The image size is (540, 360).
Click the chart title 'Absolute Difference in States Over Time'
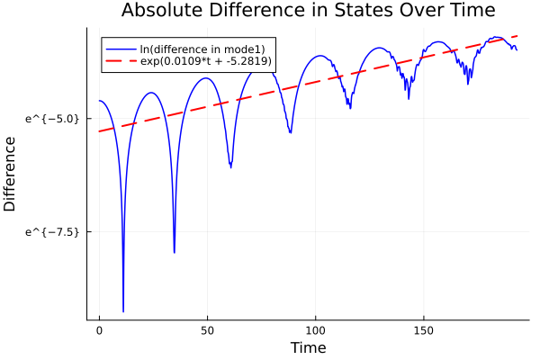(x=308, y=11)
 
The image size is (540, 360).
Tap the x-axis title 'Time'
(x=308, y=347)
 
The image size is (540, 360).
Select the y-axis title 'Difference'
(x=11, y=174)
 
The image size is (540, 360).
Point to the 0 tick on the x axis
(x=100, y=330)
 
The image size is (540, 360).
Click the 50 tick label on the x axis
(x=207, y=330)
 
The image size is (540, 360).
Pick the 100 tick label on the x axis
(x=315, y=330)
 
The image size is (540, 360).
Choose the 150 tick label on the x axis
(x=422, y=330)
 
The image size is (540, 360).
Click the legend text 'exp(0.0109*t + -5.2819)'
(x=206, y=61)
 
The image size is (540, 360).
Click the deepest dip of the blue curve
(x=123, y=310)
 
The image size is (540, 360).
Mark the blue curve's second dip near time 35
(x=174, y=252)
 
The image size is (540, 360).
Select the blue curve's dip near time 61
(x=231, y=166)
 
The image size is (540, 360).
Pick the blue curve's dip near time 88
(x=290, y=132)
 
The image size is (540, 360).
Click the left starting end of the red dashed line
(x=100, y=131)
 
